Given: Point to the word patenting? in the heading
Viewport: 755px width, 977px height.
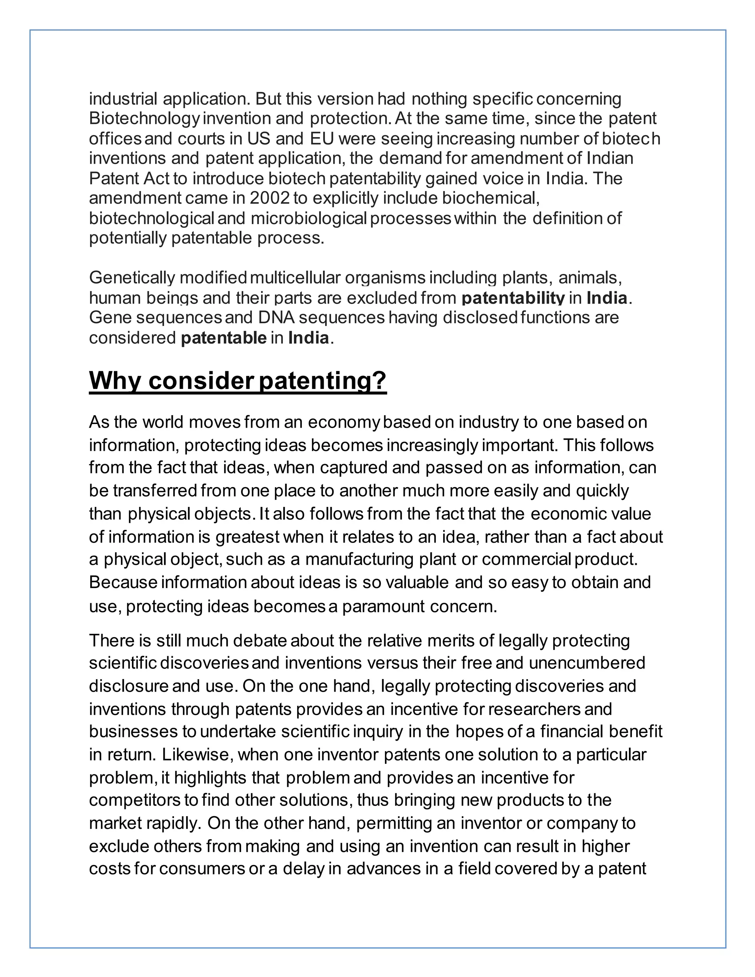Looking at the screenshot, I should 323,381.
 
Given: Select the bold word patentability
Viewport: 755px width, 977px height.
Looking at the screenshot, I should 513,298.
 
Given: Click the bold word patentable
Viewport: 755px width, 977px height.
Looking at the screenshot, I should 224,338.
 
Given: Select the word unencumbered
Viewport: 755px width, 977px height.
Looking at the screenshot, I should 587,663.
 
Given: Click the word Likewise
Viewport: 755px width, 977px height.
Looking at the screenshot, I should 197,755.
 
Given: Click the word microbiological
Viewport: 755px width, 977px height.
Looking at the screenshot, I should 308,218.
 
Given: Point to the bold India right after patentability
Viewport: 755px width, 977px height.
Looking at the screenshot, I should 607,298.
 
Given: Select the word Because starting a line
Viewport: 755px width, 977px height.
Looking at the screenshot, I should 123,583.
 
